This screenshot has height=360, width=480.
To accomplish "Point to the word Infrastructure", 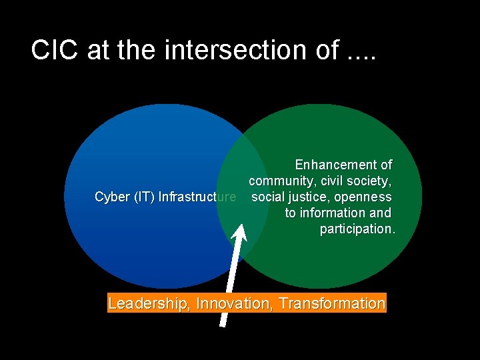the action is pos(197,197).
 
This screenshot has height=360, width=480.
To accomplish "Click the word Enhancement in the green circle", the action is pos(327,165).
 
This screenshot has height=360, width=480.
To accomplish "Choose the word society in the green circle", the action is pos(369,181).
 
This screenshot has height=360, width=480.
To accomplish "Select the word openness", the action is pos(363,197).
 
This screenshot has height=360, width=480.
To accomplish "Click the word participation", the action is pos(357,229).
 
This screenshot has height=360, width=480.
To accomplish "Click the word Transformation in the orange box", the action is pos(332,304).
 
